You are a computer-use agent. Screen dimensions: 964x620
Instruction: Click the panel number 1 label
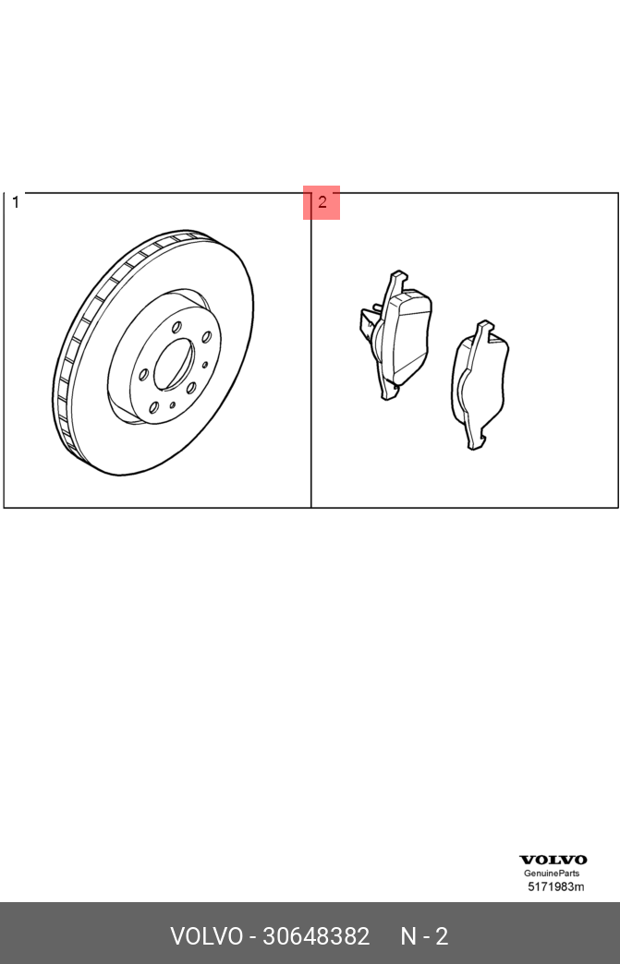click(x=16, y=202)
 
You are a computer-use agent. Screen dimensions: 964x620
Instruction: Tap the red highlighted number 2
click(x=322, y=202)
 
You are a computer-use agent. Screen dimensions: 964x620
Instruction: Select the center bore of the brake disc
click(x=172, y=364)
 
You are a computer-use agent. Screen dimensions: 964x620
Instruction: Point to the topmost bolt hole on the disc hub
click(x=176, y=328)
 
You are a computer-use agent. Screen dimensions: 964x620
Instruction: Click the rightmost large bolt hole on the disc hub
click(x=207, y=337)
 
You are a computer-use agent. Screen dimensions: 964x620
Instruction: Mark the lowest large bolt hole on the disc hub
click(x=153, y=407)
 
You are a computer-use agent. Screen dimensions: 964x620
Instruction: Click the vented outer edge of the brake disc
click(x=69, y=369)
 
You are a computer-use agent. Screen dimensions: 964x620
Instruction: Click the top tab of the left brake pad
click(x=397, y=279)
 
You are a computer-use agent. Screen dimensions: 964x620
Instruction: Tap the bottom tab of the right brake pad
click(x=475, y=441)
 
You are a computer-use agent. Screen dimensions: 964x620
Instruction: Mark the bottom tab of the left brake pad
click(x=388, y=392)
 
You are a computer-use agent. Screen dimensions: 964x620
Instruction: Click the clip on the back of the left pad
click(x=370, y=323)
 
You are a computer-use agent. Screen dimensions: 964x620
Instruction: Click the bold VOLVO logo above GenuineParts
click(x=553, y=860)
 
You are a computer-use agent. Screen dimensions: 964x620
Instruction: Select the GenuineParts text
click(x=553, y=874)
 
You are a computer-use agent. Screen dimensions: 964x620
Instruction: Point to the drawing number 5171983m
click(x=555, y=887)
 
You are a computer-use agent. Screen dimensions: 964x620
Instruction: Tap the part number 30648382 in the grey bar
click(x=316, y=936)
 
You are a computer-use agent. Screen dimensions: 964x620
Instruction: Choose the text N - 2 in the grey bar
click(x=424, y=936)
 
